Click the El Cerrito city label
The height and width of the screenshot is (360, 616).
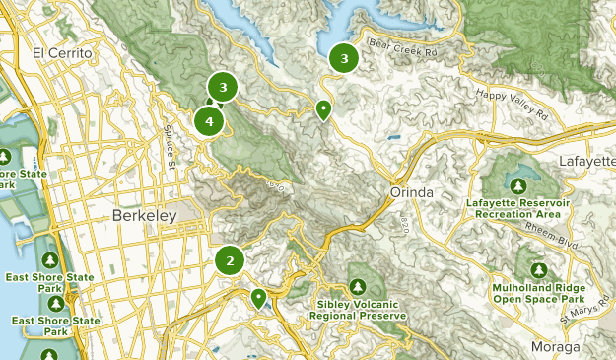pos(62,52)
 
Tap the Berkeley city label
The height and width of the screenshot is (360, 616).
pos(144,215)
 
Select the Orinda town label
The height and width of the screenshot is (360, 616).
pos(406,191)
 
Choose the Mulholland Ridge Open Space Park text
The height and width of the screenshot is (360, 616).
pos(537,292)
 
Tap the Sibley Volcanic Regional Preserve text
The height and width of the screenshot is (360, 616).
pos(362,309)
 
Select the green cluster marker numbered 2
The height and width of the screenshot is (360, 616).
pos(230,261)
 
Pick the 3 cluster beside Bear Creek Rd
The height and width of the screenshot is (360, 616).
pos(343,59)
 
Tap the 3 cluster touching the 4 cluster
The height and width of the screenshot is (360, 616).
pos(224,88)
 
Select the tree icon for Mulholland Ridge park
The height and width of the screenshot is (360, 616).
pos(538,269)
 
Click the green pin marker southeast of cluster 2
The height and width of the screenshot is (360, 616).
pos(258,297)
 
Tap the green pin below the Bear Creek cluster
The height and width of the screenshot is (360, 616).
pos(322,109)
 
